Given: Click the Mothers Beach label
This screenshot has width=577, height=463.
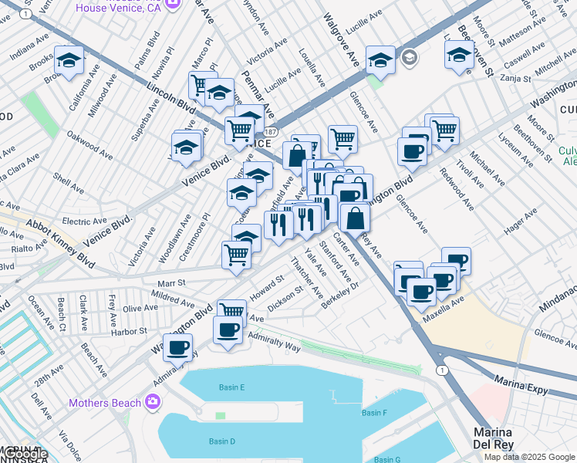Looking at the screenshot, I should (x=105, y=403).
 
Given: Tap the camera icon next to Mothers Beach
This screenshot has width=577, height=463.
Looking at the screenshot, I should (x=153, y=402).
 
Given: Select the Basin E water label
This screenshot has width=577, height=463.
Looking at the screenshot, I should (x=231, y=387).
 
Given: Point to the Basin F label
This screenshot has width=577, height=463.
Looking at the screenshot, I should (x=374, y=413).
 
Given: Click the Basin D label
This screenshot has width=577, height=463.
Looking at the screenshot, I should (x=221, y=441).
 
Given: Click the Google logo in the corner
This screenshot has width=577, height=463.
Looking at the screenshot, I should (x=24, y=454).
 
